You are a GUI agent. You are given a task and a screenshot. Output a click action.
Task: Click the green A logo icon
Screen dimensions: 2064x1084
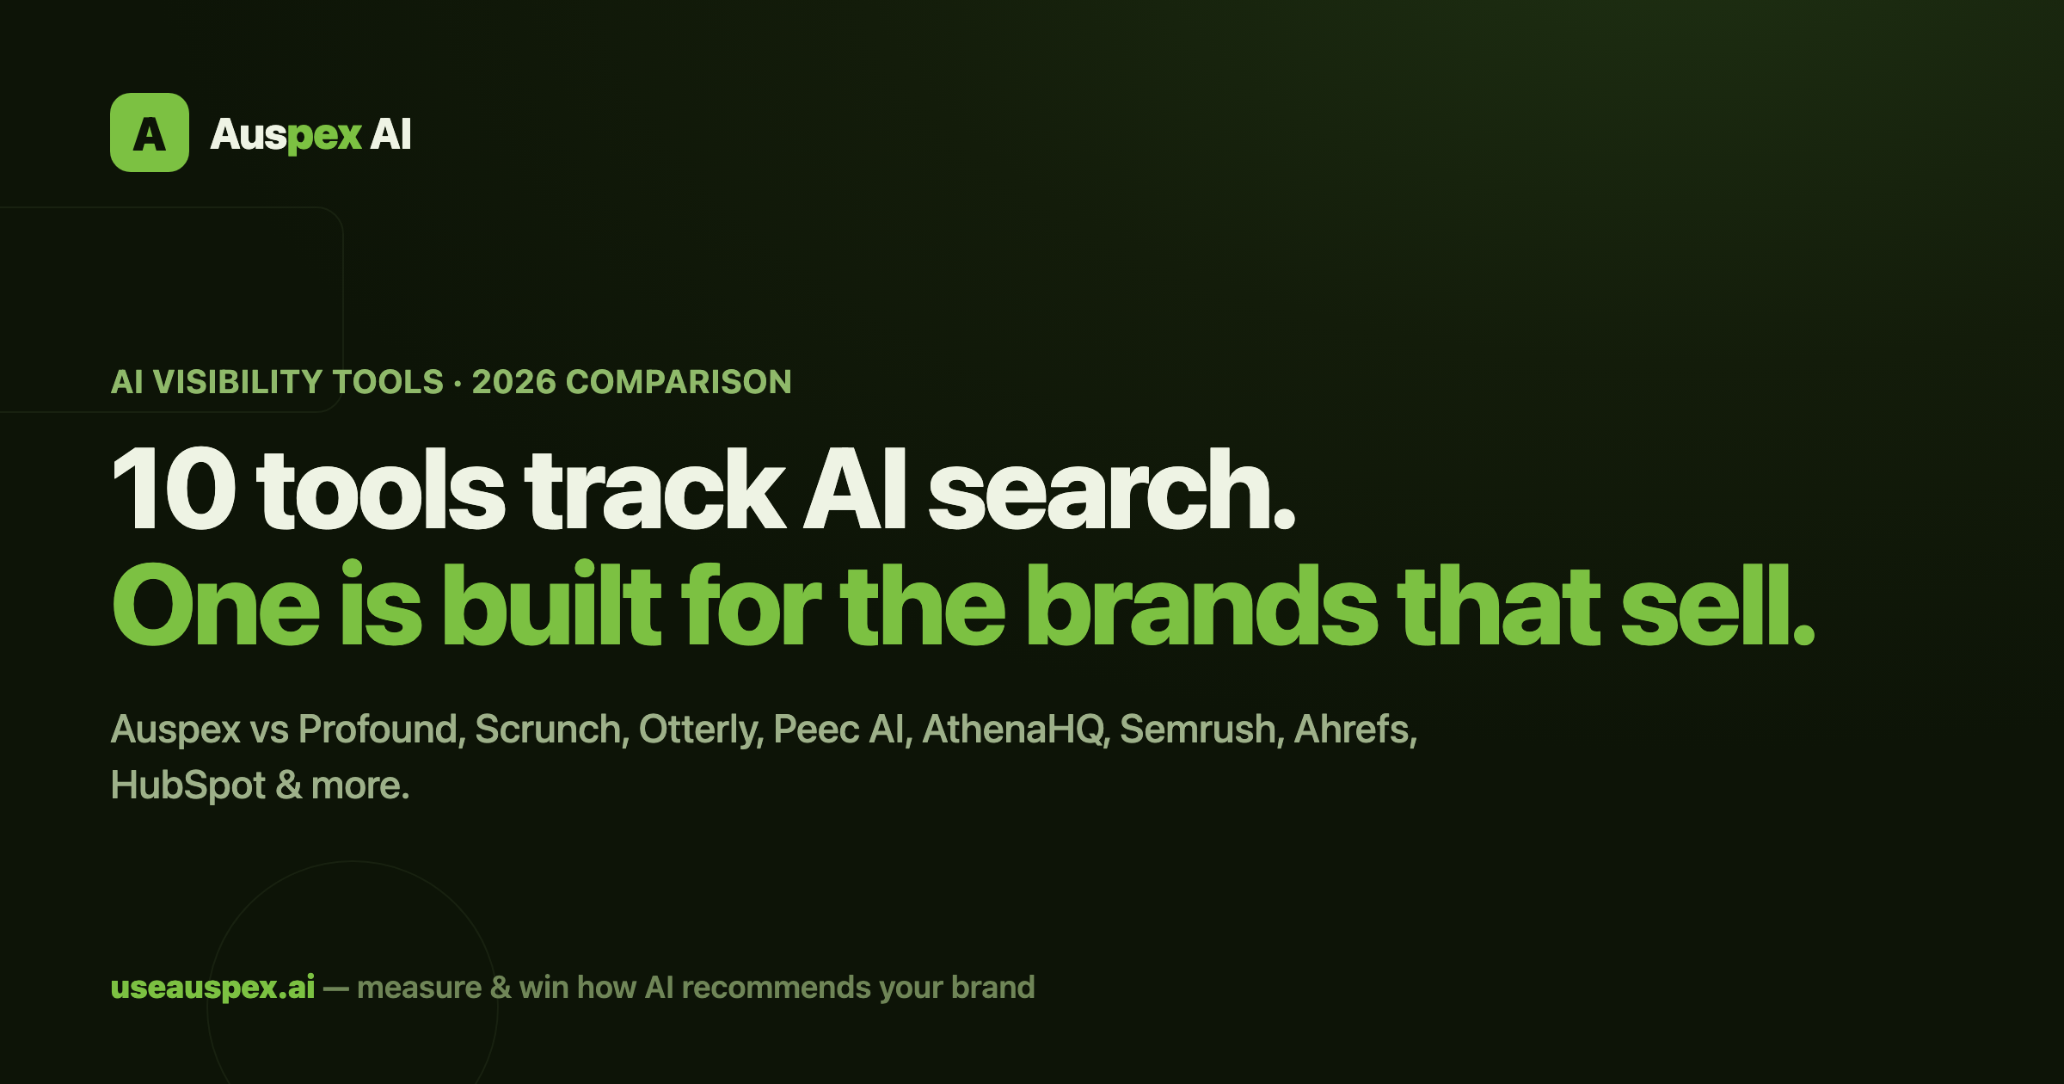150,132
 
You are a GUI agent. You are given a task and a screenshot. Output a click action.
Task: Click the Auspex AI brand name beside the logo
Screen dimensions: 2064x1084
311,135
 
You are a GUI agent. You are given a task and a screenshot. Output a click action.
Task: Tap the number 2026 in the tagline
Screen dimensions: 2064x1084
513,382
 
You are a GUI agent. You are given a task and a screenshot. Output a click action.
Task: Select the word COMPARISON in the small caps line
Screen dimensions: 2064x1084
679,382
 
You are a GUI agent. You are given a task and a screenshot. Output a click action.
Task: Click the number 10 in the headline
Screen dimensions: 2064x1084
175,489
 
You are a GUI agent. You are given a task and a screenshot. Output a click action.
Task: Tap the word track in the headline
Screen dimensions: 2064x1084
655,489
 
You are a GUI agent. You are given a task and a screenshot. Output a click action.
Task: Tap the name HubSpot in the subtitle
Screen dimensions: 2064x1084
188,786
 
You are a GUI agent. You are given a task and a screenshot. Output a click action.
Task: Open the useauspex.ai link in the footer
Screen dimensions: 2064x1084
213,988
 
